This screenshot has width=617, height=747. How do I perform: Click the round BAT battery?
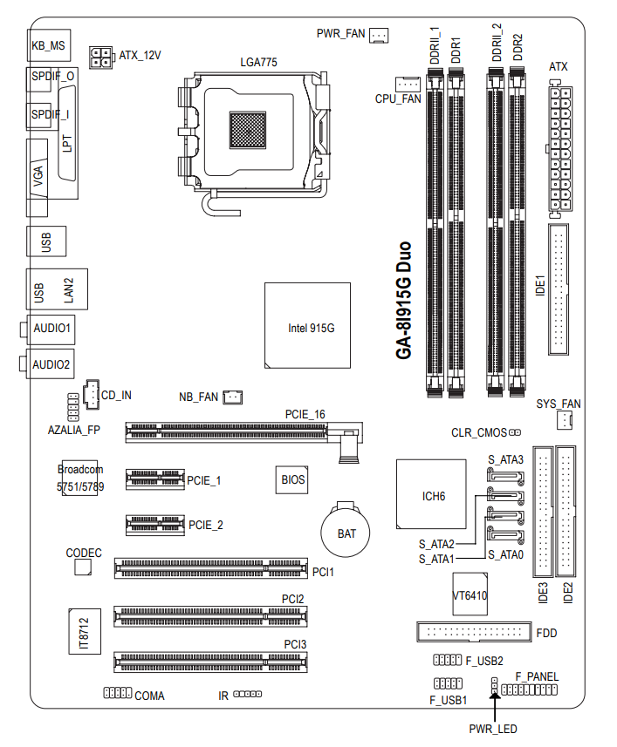click(346, 533)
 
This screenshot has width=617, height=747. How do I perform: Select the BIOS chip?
click(291, 479)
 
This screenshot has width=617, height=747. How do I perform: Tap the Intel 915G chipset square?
click(307, 325)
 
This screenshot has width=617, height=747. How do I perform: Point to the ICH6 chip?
click(431, 494)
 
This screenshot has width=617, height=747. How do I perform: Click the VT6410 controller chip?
click(470, 594)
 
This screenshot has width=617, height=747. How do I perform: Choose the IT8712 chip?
click(85, 631)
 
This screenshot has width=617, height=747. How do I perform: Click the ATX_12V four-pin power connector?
click(100, 58)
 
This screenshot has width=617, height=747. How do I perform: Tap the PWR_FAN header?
click(379, 35)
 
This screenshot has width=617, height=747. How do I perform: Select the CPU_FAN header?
click(408, 84)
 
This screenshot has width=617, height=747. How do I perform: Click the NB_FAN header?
click(233, 397)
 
